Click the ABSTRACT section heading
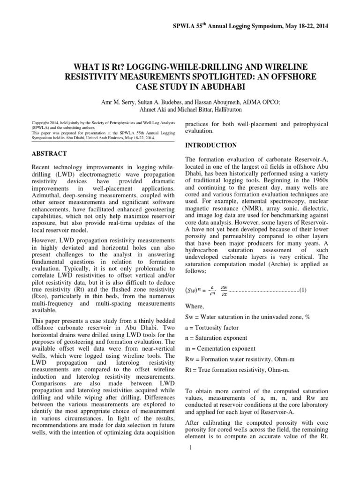click(x=50, y=153)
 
